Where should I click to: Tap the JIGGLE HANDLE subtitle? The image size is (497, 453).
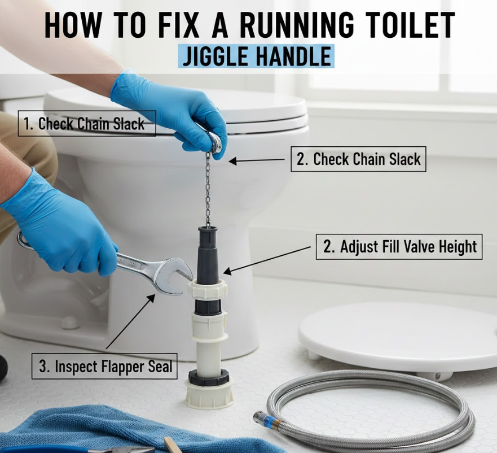tap(256, 56)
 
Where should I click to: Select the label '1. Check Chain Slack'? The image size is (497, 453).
tap(87, 123)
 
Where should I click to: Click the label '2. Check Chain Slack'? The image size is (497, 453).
tap(358, 159)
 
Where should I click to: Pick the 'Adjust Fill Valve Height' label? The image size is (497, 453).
tap(399, 247)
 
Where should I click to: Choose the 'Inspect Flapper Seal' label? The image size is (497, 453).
tap(104, 366)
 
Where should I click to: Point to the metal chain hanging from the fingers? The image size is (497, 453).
tap(208, 189)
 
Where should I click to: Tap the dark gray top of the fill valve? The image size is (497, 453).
tap(208, 254)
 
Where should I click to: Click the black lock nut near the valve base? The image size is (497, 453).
tap(209, 377)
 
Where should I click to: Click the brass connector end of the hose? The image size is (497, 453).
tap(270, 419)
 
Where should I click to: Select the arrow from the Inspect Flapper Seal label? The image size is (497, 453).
tap(130, 321)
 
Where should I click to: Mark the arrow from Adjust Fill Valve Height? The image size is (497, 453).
tap(267, 260)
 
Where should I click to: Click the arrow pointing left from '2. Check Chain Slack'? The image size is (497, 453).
tap(257, 160)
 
